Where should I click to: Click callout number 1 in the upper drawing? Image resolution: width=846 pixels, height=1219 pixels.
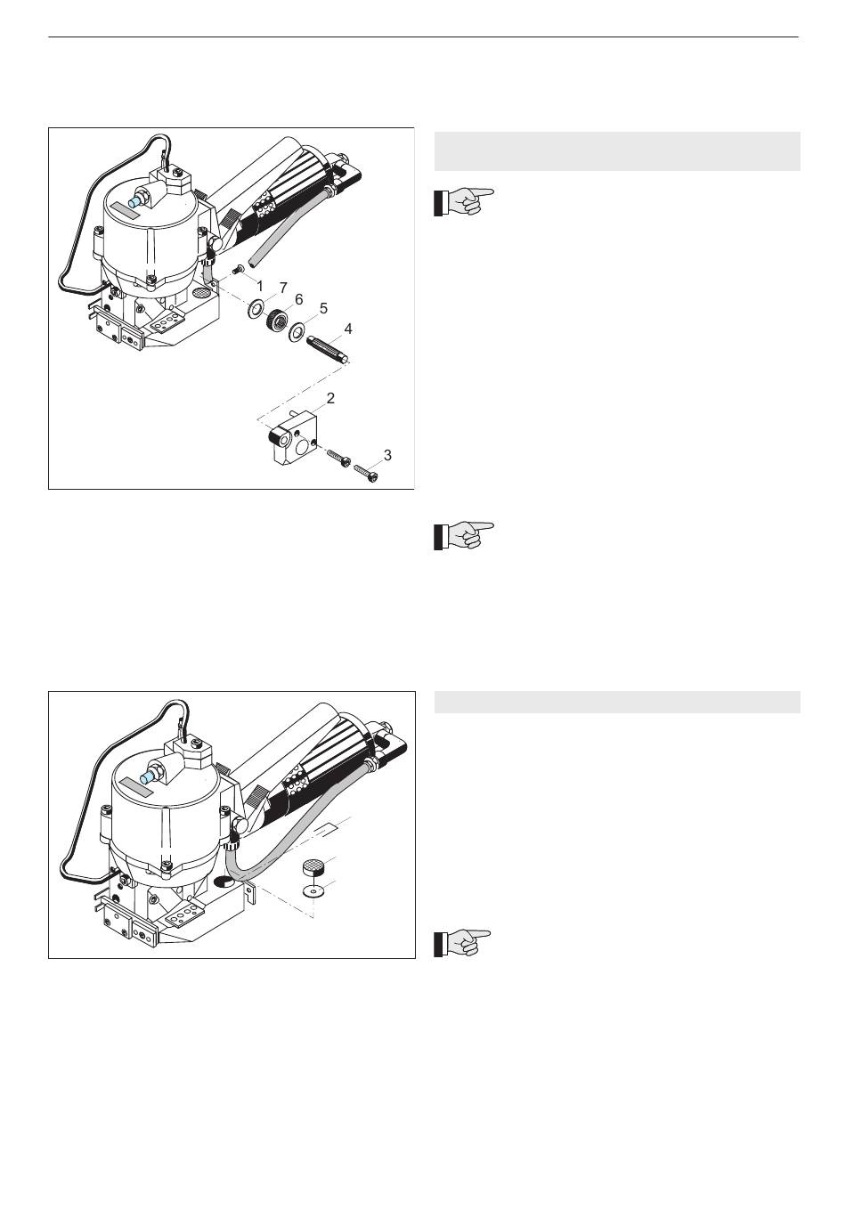pos(260,286)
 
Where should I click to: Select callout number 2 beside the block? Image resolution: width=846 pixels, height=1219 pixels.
pos(330,398)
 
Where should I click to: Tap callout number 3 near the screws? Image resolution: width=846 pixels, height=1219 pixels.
pos(387,454)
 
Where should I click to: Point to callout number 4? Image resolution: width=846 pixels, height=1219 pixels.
pos(348,329)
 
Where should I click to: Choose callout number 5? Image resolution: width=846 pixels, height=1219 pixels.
pos(323,309)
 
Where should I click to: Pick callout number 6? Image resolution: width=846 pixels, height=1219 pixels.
pos(298,299)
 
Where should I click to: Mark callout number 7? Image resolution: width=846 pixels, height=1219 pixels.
pos(283,288)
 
